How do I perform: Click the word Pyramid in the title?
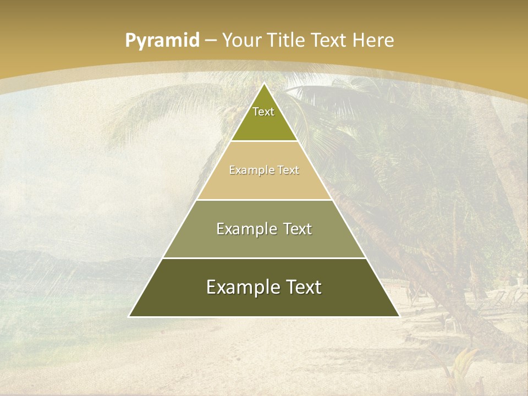162,41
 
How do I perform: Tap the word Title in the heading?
288,40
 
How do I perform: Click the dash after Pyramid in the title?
211,41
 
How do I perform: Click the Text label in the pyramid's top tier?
263,112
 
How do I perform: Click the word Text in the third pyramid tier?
298,229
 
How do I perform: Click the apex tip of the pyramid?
264,84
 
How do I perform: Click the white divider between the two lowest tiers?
264,258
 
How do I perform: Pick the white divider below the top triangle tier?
264,141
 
